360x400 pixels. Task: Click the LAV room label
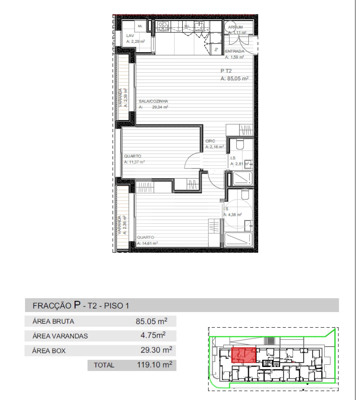130,36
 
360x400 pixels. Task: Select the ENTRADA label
235,51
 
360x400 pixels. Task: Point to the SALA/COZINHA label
153,101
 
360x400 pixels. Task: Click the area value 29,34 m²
160,107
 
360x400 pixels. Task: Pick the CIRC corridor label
210,141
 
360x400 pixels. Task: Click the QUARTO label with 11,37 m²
133,156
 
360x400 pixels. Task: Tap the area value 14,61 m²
147,243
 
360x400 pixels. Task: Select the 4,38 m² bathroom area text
233,215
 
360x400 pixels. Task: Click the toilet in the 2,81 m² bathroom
240,144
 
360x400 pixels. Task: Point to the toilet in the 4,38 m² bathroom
245,195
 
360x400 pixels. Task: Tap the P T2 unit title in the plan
226,71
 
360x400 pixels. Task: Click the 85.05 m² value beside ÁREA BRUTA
151,321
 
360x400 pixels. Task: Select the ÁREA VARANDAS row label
60,336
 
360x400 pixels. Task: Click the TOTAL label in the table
104,365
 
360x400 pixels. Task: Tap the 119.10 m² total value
154,365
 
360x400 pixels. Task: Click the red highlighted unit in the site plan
244,355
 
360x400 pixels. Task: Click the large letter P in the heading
77,305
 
